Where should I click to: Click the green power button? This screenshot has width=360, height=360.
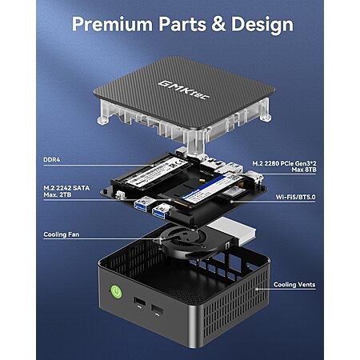pos(116,292)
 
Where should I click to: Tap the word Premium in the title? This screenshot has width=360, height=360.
pos(112,24)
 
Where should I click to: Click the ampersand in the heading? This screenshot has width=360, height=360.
pos(218,24)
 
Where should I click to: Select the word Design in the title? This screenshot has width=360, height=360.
pos(262,25)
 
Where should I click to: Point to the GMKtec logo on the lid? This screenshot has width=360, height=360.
pos(184,90)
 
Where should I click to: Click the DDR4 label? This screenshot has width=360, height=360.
pos(52,160)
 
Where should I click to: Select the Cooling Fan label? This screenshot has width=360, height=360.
pos(62,234)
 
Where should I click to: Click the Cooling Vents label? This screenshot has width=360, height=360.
pos(294,285)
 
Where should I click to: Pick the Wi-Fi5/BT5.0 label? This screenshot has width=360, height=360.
pos(295,197)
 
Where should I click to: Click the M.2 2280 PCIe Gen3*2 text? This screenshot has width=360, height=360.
pos(284,163)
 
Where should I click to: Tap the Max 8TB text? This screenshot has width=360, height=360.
pos(304,170)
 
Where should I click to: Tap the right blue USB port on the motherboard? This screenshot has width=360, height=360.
pos(161,211)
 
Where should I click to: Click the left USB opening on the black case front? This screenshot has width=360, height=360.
pos(139,302)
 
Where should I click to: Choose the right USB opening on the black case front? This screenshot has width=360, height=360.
pos(158,310)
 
